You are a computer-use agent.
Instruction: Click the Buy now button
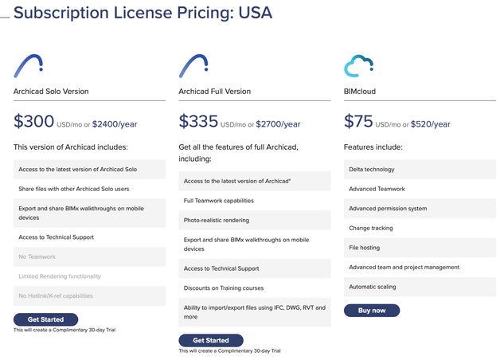pyautogui.click(x=371, y=310)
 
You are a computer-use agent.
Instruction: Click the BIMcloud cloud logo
pyautogui.click(x=359, y=65)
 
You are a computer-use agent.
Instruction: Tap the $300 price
pyautogui.click(x=33, y=122)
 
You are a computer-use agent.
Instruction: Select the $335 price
pyautogui.click(x=198, y=122)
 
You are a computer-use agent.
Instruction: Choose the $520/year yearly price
pyautogui.click(x=432, y=124)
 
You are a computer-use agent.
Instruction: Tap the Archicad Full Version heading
pyautogui.click(x=214, y=92)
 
